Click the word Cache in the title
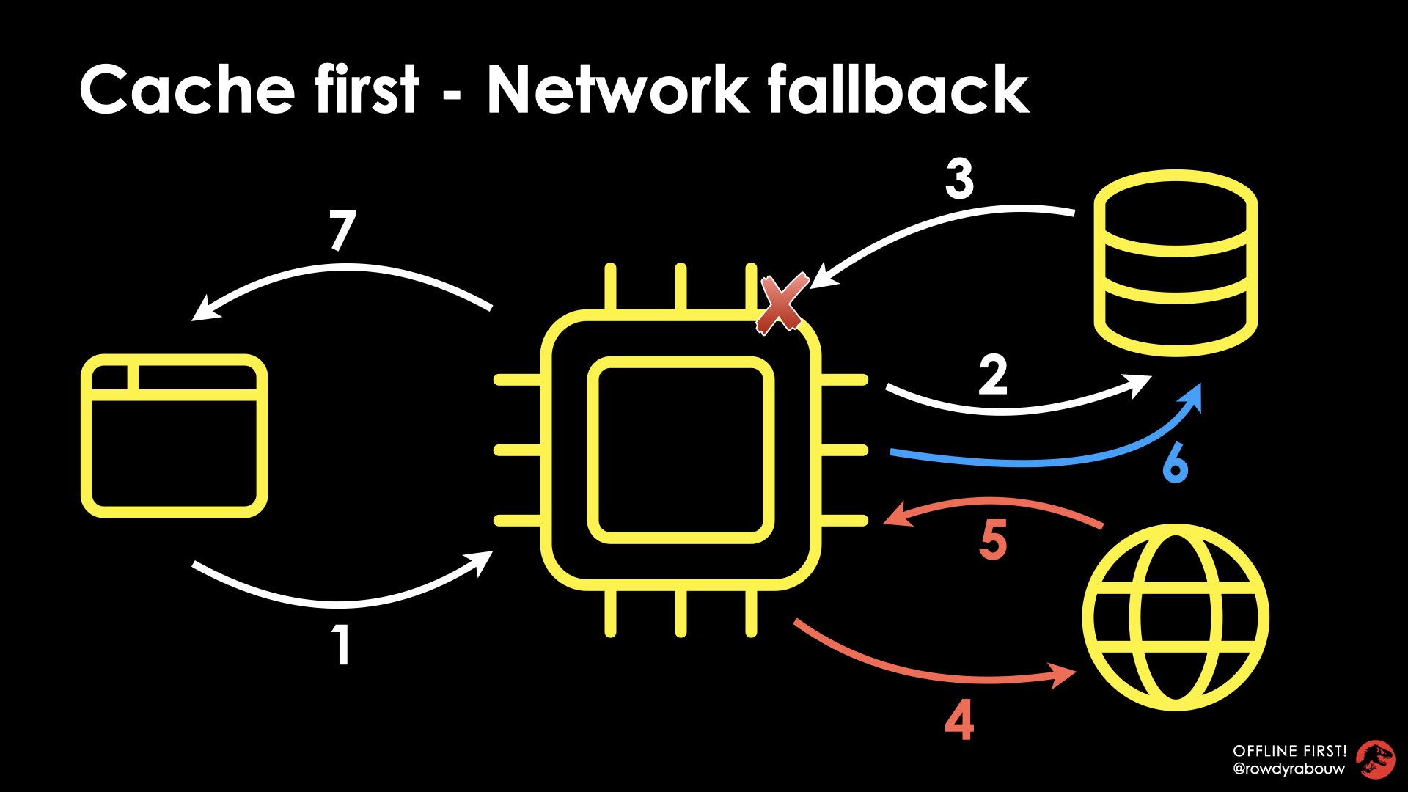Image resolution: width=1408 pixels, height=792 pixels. (187, 89)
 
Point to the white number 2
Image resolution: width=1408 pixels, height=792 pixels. (993, 375)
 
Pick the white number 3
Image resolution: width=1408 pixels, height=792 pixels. (959, 179)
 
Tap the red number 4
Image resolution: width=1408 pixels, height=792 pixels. (959, 720)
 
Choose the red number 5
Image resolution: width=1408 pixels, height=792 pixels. (993, 540)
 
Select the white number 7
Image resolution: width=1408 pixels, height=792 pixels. (342, 230)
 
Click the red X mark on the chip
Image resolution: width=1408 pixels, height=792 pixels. (782, 304)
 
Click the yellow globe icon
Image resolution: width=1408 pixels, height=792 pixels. (1176, 617)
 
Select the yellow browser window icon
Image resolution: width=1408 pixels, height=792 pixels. (174, 436)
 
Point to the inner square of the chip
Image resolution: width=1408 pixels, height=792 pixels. (681, 450)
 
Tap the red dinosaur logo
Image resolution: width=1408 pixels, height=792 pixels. (1375, 760)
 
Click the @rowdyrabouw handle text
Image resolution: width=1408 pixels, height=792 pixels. (1288, 769)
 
